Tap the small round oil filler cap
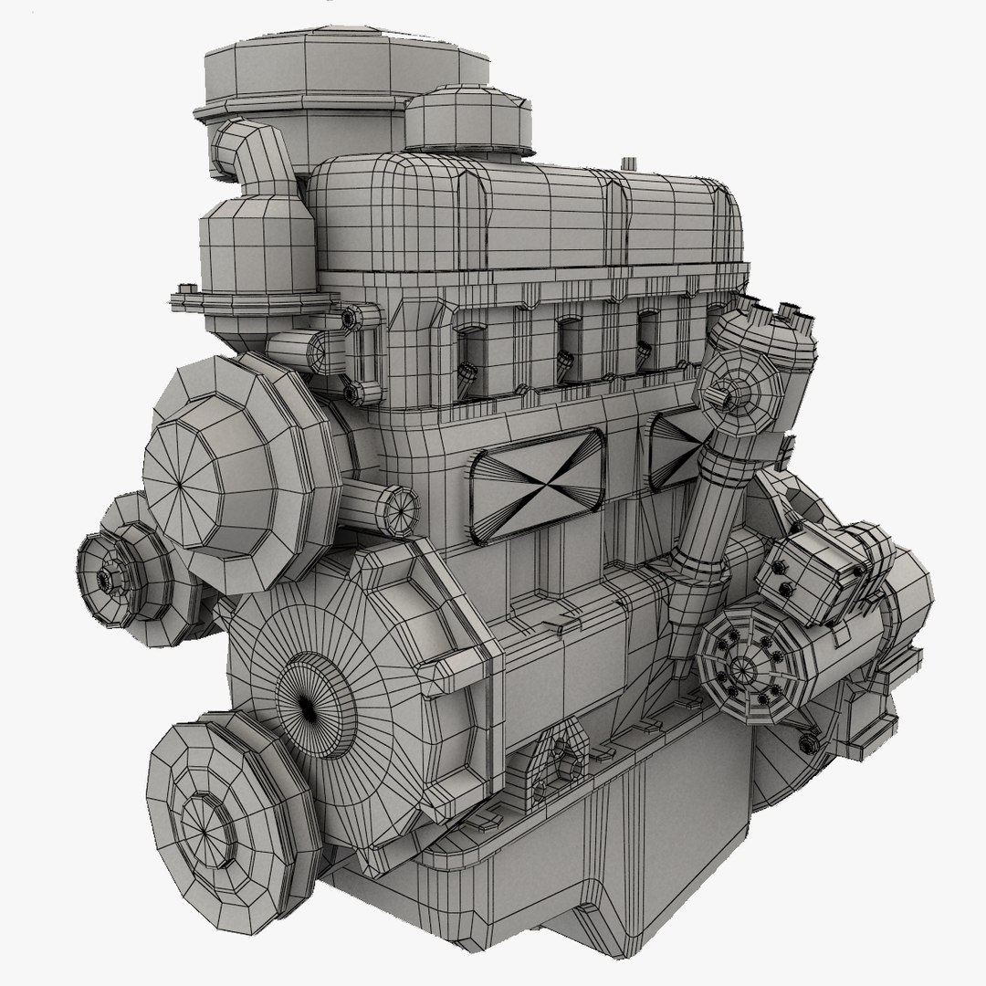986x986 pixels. click(x=467, y=119)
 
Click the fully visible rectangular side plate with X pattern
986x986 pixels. click(x=537, y=475)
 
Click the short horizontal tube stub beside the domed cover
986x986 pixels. click(x=388, y=503)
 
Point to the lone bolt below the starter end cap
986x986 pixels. click(x=807, y=744)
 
